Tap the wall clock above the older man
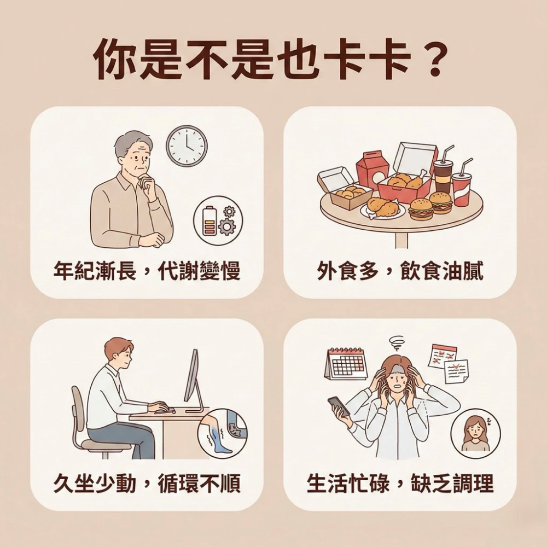click(x=187, y=146)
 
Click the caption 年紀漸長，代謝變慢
click(x=147, y=271)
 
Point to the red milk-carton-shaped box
click(x=372, y=169)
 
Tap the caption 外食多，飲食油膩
click(x=400, y=271)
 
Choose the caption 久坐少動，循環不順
click(x=147, y=482)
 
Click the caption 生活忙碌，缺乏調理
click(x=400, y=482)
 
